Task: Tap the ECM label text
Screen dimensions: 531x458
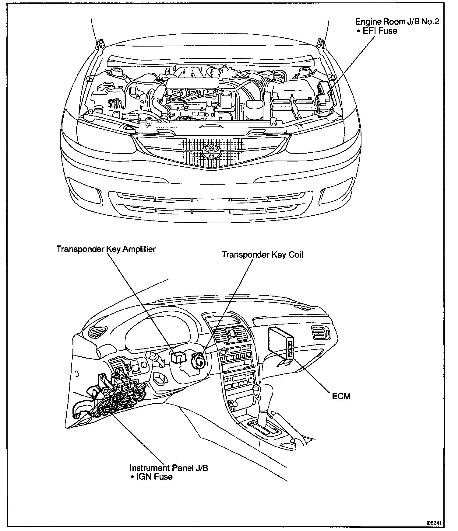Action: click(341, 396)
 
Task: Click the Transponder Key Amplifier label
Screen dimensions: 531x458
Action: click(106, 249)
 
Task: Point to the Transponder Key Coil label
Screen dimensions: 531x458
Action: click(262, 254)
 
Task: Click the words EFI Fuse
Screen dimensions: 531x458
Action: click(380, 31)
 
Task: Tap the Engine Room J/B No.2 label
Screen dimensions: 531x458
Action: click(397, 22)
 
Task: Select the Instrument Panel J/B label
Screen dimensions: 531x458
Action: click(169, 468)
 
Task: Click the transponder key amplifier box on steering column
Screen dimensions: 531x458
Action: click(177, 356)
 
